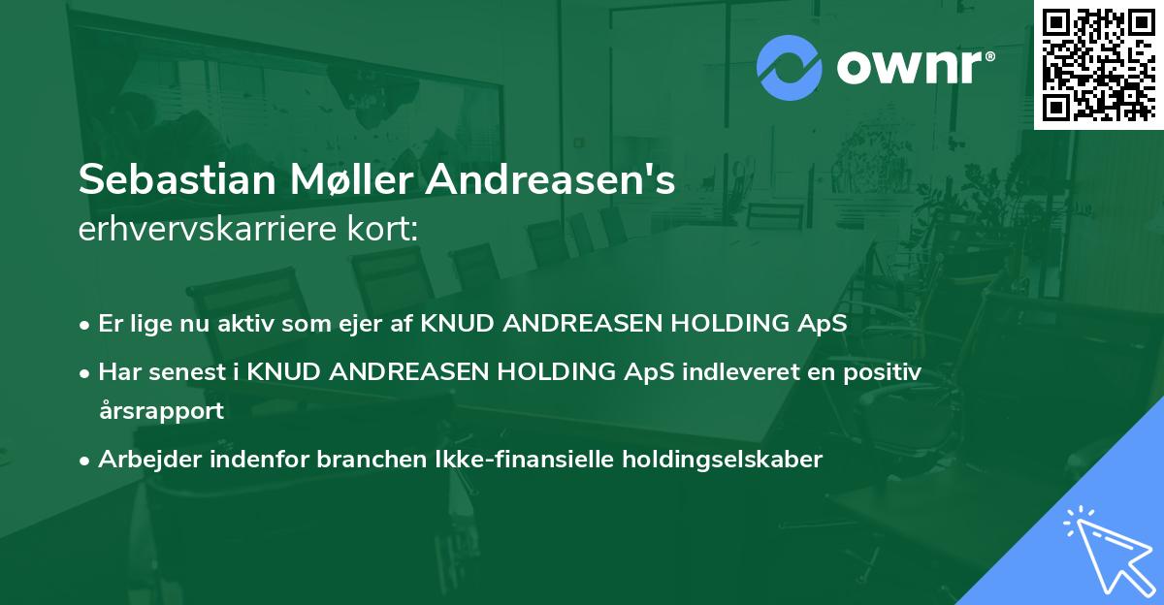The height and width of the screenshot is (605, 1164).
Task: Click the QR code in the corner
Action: [x=1097, y=63]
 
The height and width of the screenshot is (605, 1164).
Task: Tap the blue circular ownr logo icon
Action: [x=789, y=67]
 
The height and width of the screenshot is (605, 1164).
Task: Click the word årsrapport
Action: [x=160, y=410]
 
